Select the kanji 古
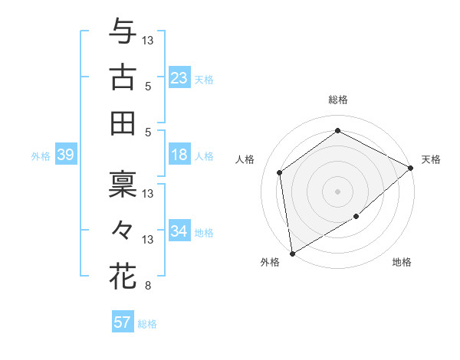tap(123, 77)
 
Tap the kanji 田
tap(123, 123)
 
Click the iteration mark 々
tap(123, 229)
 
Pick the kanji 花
tap(123, 276)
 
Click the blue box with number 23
tap(179, 77)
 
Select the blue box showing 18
tap(179, 155)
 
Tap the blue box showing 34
tap(179, 231)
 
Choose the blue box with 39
tap(65, 155)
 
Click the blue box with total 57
tap(122, 322)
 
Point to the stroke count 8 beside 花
tap(147, 286)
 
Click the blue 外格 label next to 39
tap(41, 155)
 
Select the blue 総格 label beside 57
tap(147, 323)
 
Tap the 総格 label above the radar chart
tap(337, 100)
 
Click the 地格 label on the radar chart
tap(402, 262)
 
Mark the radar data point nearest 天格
tap(411, 168)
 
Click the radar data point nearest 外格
tap(292, 253)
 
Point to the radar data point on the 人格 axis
tap(280, 172)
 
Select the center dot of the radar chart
tap(337, 191)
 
